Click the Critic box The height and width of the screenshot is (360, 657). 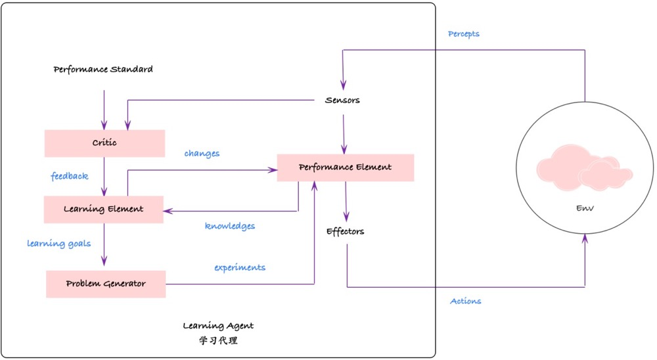pos(104,143)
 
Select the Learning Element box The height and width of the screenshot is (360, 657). pos(103,210)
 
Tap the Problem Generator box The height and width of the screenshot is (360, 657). pos(106,284)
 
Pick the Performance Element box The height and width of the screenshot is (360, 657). pos(345,168)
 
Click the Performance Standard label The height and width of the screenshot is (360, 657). pos(103,69)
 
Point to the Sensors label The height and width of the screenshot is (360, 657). pos(342,101)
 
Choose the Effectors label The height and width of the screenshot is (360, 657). pos(345,231)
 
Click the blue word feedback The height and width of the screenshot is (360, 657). pos(70,176)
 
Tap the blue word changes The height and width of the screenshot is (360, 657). pos(202,153)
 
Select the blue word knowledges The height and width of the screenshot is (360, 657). pos(230,226)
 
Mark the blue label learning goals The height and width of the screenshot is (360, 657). pos(58,243)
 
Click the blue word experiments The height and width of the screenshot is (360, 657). pos(240,267)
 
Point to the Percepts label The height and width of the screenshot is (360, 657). pos(464,34)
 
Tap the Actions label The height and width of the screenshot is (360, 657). pos(465,301)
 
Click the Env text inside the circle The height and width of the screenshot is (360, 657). pos(585,208)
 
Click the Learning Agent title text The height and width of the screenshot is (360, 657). pos(218,325)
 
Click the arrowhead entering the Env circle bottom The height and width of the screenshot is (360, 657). pos(585,238)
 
